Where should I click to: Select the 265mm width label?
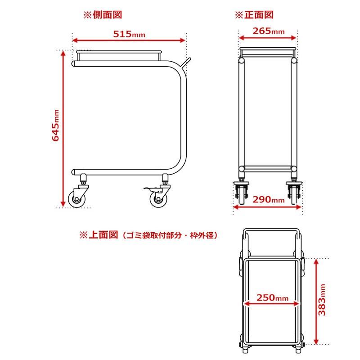(x=268, y=31)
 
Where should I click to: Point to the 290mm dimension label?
(x=268, y=199)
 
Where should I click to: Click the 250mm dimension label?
(x=273, y=298)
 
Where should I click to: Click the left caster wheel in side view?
(x=76, y=198)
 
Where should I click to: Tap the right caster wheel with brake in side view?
(x=158, y=198)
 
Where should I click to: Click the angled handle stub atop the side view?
(x=187, y=62)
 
